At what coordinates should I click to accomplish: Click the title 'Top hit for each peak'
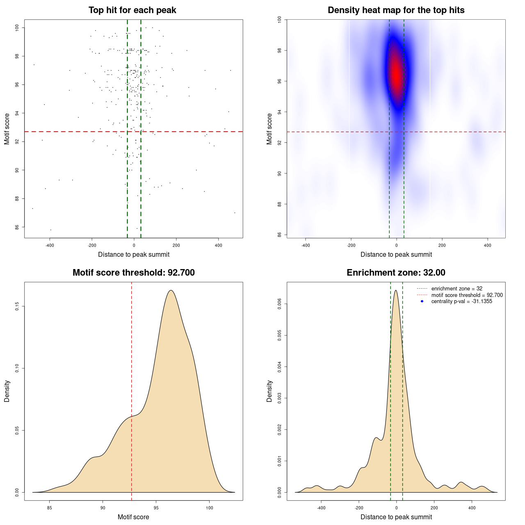(x=132, y=10)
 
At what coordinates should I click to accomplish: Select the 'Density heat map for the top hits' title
(x=396, y=10)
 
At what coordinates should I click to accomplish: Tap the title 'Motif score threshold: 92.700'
(x=133, y=273)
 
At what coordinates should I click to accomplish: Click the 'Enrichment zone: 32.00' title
(x=396, y=273)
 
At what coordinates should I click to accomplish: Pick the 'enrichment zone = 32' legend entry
(x=457, y=289)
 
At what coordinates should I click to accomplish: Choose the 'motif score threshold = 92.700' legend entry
(x=467, y=295)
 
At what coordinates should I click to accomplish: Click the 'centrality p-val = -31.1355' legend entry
(x=461, y=301)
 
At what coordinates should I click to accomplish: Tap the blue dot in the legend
(x=422, y=301)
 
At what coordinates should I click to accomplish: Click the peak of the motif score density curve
(x=171, y=290)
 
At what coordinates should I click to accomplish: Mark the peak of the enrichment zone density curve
(x=396, y=290)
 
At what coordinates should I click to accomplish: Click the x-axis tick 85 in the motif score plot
(x=50, y=508)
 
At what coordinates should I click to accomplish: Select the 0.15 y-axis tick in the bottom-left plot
(x=17, y=306)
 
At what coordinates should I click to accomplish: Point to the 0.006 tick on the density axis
(x=279, y=304)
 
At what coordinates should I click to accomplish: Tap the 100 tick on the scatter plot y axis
(x=17, y=27)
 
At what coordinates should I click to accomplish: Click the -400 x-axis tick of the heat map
(x=306, y=245)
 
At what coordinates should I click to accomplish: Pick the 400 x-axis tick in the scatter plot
(x=218, y=245)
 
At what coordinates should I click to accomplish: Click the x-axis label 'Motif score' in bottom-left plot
(x=133, y=517)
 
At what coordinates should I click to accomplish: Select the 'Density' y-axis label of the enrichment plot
(x=269, y=391)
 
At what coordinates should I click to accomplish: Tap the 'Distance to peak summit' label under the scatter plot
(x=134, y=254)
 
